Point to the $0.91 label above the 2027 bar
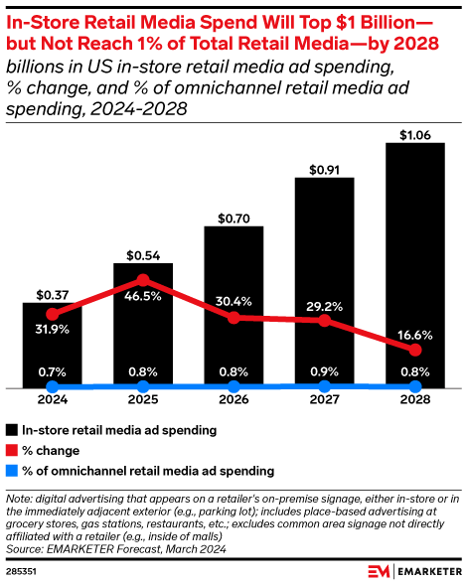click(325, 168)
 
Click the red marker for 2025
click(143, 280)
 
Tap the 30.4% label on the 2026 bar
click(233, 302)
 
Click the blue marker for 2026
click(233, 386)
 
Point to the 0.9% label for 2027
click(325, 371)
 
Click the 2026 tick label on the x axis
click(233, 402)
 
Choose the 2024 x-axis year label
click(53, 402)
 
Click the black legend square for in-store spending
click(11, 430)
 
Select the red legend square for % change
click(11, 450)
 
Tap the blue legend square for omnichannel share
click(11, 470)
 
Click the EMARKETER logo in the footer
click(412, 571)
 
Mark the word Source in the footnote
click(24, 546)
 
